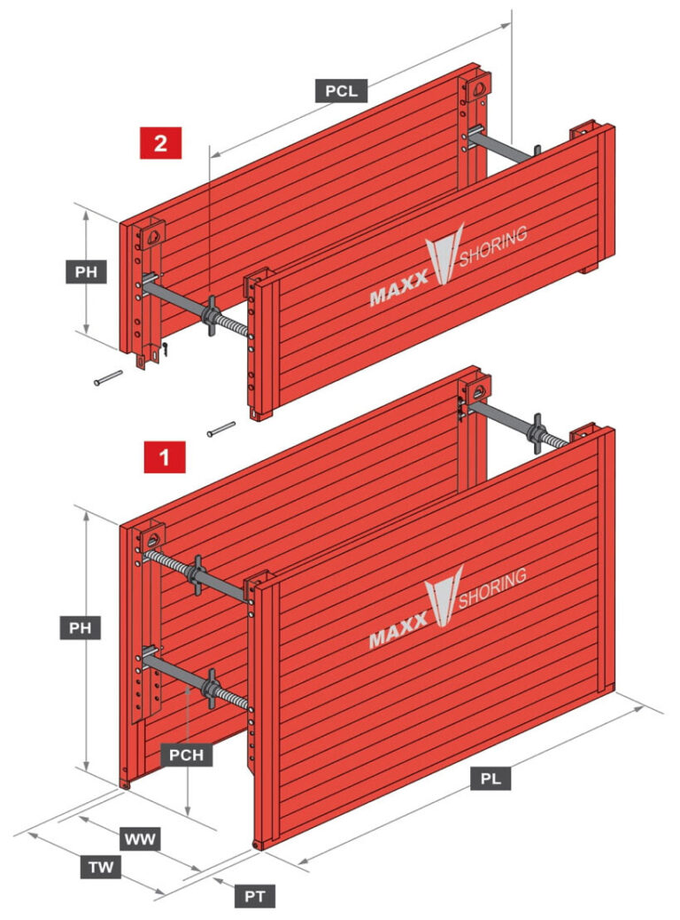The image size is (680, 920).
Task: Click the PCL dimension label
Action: (341, 90)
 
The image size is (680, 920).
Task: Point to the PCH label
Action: (187, 755)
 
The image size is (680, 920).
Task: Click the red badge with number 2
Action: (160, 143)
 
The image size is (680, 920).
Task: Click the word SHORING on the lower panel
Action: (493, 587)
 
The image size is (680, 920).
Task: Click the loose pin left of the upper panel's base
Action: (108, 378)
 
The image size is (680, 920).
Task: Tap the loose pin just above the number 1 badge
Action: (220, 430)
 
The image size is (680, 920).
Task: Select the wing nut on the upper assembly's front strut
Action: (211, 317)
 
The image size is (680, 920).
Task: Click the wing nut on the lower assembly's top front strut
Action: (197, 573)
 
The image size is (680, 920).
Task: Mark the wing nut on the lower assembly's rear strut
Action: (537, 434)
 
